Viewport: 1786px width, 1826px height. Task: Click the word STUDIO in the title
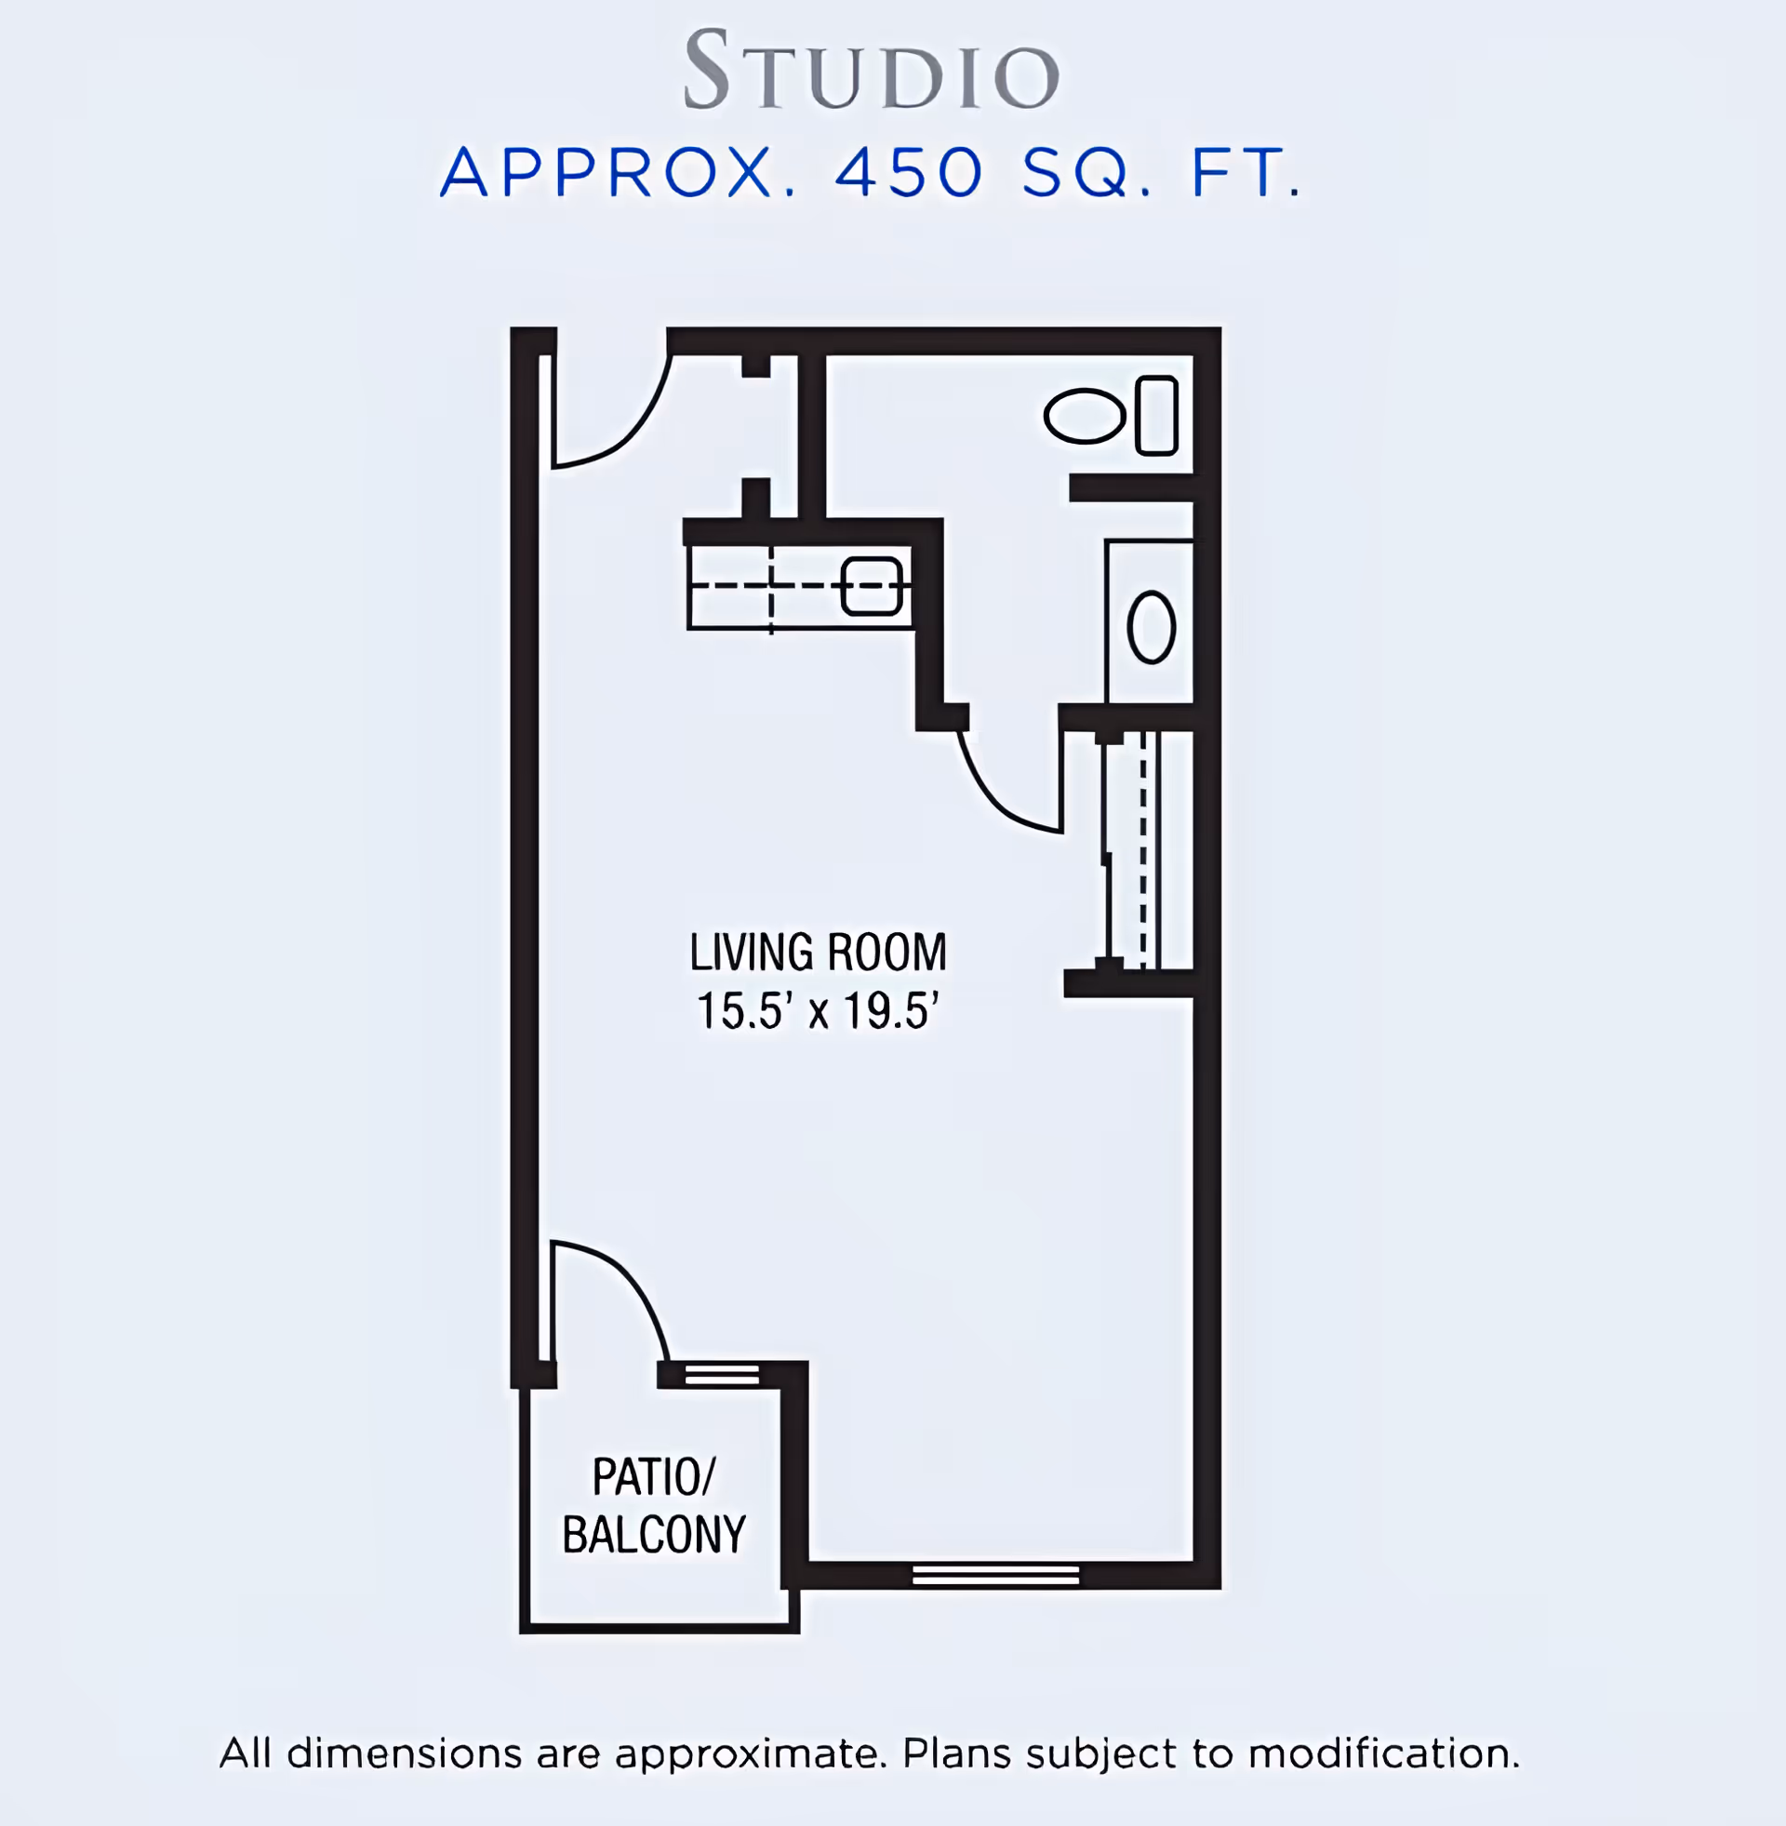(x=873, y=70)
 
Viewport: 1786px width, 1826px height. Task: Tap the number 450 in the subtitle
(x=909, y=173)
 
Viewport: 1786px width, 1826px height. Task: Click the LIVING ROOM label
(x=818, y=953)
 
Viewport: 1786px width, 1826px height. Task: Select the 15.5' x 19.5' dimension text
(x=818, y=1011)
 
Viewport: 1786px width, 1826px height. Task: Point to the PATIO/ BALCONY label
(x=654, y=1506)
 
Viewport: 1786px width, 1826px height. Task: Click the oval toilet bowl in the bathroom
(x=1085, y=416)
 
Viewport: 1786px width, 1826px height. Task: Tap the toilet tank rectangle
(x=1156, y=416)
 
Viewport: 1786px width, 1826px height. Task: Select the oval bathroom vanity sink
(x=1151, y=627)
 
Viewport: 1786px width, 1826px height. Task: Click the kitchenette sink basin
(x=872, y=586)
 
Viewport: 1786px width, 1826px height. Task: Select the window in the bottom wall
(x=995, y=1575)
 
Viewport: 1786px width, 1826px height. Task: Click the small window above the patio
(x=721, y=1375)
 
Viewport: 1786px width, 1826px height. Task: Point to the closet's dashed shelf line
(x=1142, y=848)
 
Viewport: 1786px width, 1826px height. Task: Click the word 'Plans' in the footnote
(x=956, y=1752)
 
